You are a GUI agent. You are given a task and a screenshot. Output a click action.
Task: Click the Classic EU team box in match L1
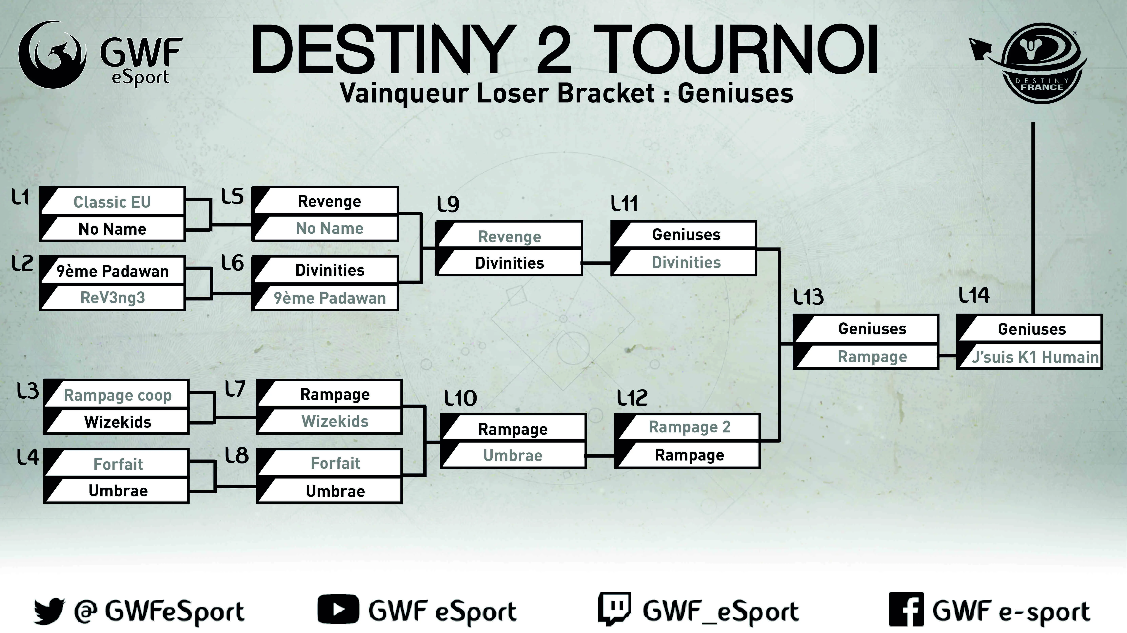click(112, 202)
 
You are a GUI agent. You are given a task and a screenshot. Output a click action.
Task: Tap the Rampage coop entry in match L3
click(117, 395)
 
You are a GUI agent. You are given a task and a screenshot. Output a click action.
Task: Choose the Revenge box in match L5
click(329, 201)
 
